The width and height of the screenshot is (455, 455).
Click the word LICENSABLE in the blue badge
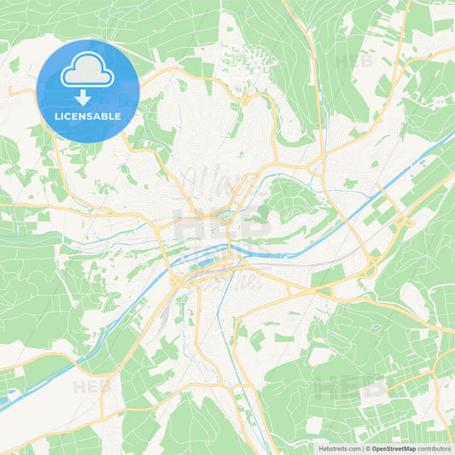point(88,116)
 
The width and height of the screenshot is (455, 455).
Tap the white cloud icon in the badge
point(88,70)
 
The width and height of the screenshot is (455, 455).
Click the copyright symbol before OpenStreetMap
point(368,447)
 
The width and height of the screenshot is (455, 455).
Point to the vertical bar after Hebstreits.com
point(362,447)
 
